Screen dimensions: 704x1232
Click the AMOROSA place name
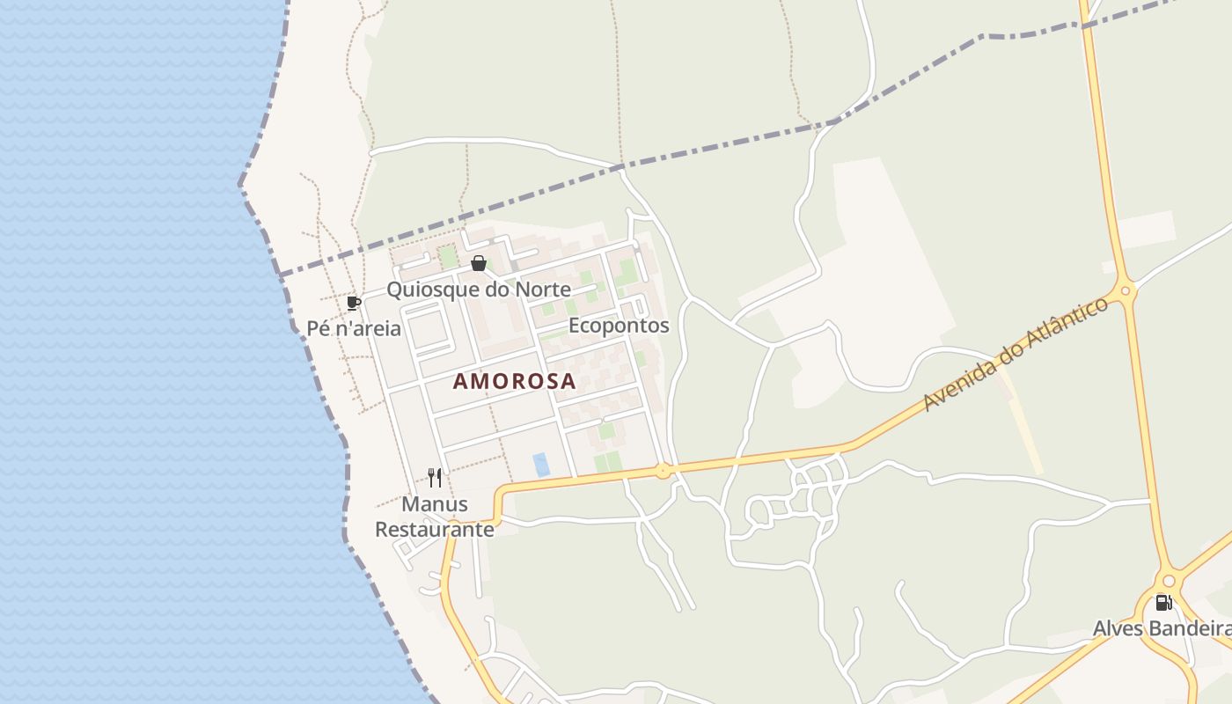[515, 381]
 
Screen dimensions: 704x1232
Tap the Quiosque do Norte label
[479, 290]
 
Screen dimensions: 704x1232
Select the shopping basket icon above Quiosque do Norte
[479, 263]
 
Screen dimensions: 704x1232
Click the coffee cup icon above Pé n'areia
[354, 304]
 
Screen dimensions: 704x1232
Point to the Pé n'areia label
[354, 329]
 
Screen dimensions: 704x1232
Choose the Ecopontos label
[619, 326]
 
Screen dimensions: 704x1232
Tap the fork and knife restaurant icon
[435, 478]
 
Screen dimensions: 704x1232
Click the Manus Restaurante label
[435, 517]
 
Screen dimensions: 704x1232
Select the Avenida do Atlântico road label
[1016, 355]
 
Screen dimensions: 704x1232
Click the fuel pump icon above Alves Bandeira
[1163, 603]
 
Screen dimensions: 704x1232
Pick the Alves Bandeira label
[1162, 628]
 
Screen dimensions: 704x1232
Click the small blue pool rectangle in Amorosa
[541, 464]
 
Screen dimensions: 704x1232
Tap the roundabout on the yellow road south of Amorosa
[663, 471]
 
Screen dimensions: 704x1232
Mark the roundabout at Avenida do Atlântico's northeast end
[1124, 290]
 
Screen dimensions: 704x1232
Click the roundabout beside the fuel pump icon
[1169, 581]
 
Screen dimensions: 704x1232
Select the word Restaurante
[435, 530]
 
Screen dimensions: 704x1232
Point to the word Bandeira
[1194, 628]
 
